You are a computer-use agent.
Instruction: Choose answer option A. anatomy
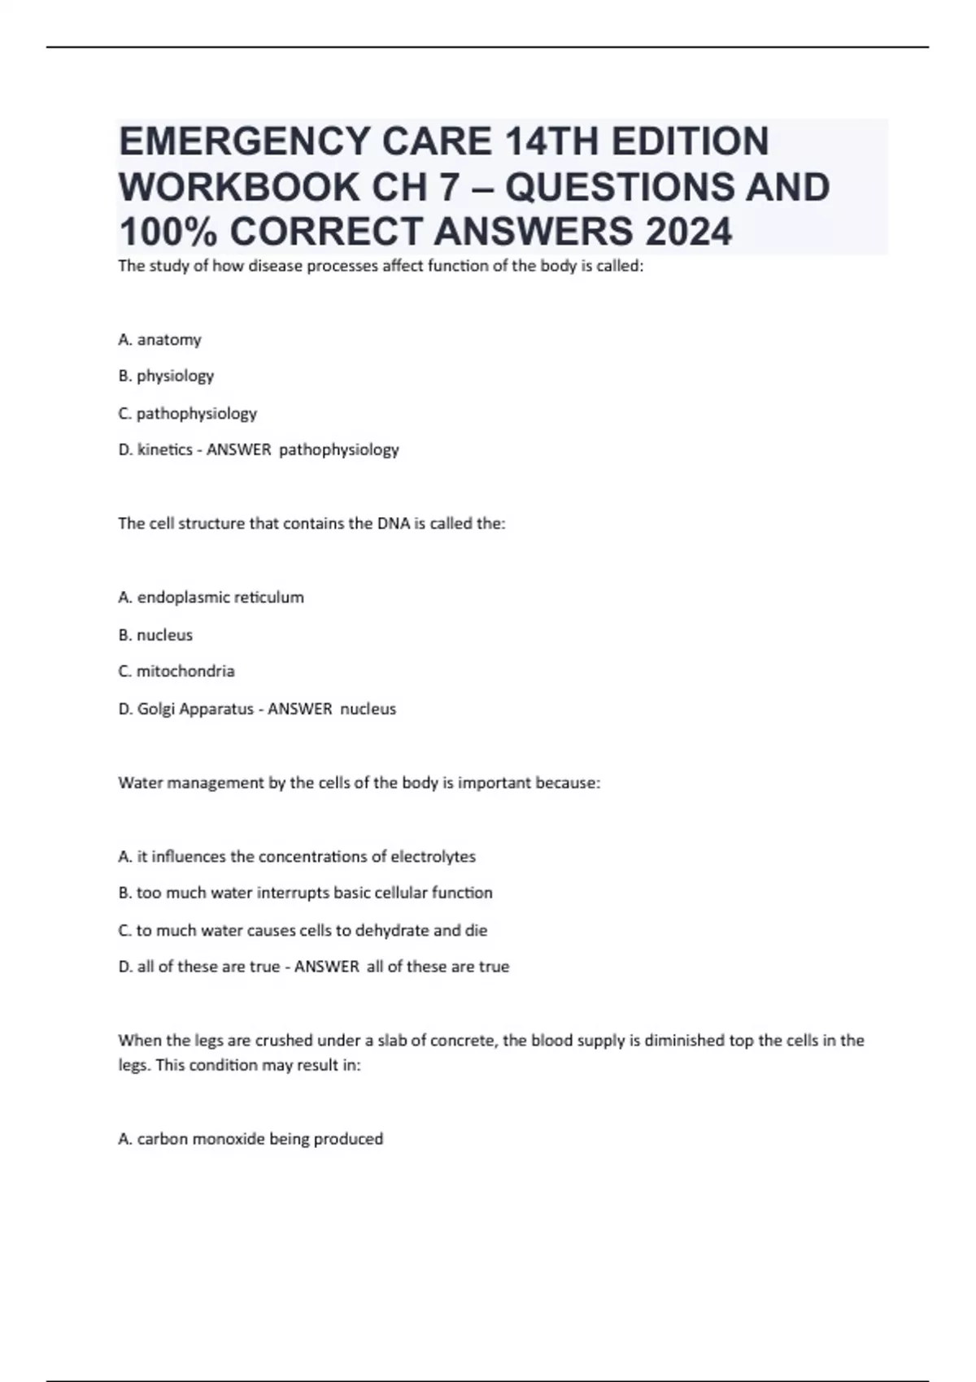click(159, 340)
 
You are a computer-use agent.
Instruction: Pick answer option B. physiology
click(166, 376)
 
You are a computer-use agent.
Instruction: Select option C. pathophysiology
click(187, 413)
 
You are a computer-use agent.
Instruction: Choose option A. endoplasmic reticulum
click(211, 598)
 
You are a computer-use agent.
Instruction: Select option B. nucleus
click(155, 635)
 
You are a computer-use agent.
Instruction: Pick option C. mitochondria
click(176, 671)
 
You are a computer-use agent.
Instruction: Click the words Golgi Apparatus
click(195, 709)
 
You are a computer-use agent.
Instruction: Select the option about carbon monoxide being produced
click(251, 1139)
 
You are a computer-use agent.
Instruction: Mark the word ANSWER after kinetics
click(238, 450)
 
